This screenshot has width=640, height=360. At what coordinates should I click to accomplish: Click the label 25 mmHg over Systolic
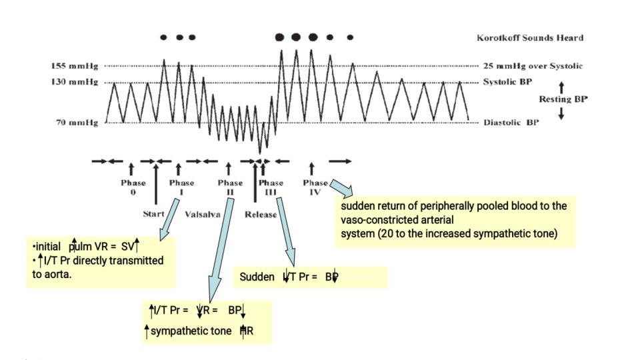(533, 66)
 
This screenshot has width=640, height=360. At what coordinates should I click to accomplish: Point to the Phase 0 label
(132, 187)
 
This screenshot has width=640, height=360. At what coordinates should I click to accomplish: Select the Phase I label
(181, 187)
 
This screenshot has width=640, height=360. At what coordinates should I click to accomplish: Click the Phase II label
(230, 187)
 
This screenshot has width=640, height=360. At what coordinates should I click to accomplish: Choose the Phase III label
(271, 187)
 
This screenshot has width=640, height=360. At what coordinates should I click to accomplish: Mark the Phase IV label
(315, 187)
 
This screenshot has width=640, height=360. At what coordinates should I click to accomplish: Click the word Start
(154, 215)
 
